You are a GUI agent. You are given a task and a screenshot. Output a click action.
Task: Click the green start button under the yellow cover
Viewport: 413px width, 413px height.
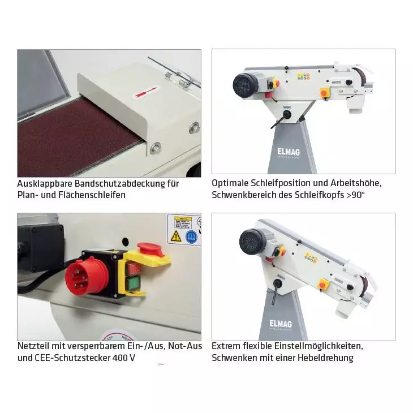pos(135,281)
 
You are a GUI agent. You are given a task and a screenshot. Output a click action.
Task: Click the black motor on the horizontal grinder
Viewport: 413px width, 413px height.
pos(247,85)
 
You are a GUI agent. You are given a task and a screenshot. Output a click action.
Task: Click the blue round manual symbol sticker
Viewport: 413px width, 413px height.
pos(191,236)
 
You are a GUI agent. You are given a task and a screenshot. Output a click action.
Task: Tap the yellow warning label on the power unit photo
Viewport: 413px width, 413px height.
pos(182,221)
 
